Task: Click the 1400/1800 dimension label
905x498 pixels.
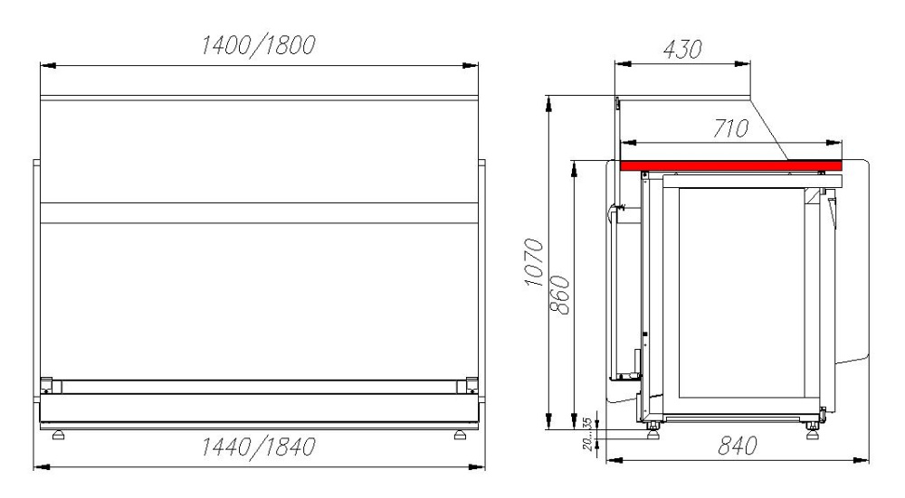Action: pos(258,45)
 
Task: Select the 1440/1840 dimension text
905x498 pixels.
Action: pos(258,446)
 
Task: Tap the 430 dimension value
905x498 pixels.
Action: pos(682,50)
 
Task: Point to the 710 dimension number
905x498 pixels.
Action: pos(730,128)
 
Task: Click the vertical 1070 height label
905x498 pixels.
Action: pos(535,262)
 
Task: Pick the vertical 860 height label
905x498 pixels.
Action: pos(560,296)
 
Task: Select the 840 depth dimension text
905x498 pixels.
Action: pos(738,446)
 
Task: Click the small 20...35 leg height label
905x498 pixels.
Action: pos(587,434)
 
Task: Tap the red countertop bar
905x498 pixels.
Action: pos(730,165)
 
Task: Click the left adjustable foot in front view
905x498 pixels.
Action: pos(58,435)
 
